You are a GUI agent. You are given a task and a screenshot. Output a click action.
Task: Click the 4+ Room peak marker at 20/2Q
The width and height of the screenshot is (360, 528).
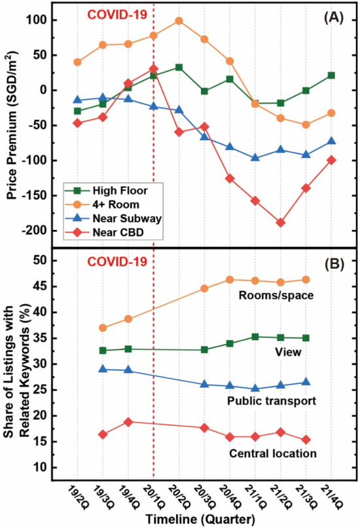coord(179,20)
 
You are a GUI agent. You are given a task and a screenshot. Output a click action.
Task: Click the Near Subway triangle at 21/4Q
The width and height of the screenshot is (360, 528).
coord(332,141)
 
